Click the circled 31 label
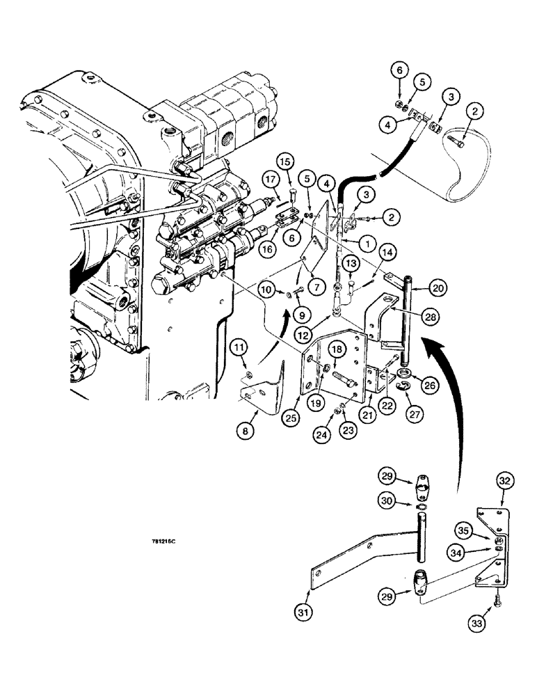(x=301, y=613)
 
